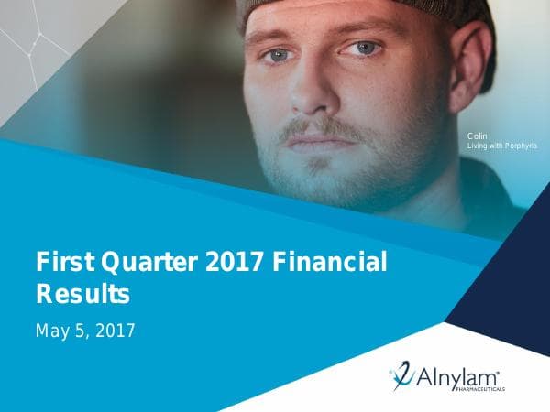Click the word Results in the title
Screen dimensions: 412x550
(x=82, y=295)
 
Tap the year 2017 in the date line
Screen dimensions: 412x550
(x=115, y=331)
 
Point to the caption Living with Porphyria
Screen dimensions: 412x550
(x=502, y=146)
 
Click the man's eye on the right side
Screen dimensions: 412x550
(x=366, y=48)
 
